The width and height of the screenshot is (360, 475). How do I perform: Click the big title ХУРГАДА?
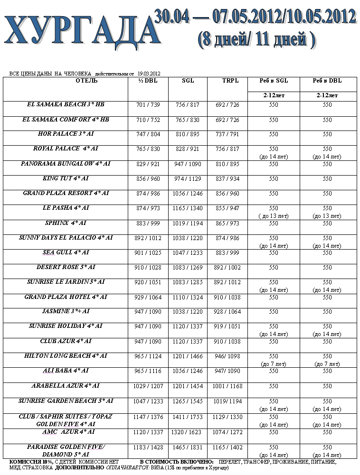point(79,31)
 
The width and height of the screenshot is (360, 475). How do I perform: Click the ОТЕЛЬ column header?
point(86,81)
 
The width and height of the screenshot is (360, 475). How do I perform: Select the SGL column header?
point(188,81)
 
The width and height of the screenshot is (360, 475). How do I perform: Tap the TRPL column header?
point(227,81)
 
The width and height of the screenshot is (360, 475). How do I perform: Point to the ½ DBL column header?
point(148,81)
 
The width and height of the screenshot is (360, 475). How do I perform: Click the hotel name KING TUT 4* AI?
point(66,178)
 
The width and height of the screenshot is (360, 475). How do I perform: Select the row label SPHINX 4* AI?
point(66,223)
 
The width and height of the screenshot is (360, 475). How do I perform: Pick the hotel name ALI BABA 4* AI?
point(66,370)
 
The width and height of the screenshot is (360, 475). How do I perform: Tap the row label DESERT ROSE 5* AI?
point(66,267)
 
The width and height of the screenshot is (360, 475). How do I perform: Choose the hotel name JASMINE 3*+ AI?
point(66,311)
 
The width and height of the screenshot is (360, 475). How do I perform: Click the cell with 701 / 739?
point(148,105)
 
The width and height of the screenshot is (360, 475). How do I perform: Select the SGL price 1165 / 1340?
point(188,208)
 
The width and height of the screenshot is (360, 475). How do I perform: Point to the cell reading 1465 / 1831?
point(188,447)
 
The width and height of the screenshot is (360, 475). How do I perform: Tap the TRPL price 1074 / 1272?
point(227,432)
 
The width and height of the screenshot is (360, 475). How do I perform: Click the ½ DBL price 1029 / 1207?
point(148,386)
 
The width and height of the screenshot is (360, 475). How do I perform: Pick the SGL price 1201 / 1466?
point(188,356)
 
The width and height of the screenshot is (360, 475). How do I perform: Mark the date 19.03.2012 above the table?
point(149,74)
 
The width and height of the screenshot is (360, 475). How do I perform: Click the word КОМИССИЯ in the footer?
point(25,462)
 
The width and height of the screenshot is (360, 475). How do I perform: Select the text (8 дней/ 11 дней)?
point(256,40)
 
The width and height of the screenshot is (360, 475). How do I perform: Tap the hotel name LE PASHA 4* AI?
point(66,208)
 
